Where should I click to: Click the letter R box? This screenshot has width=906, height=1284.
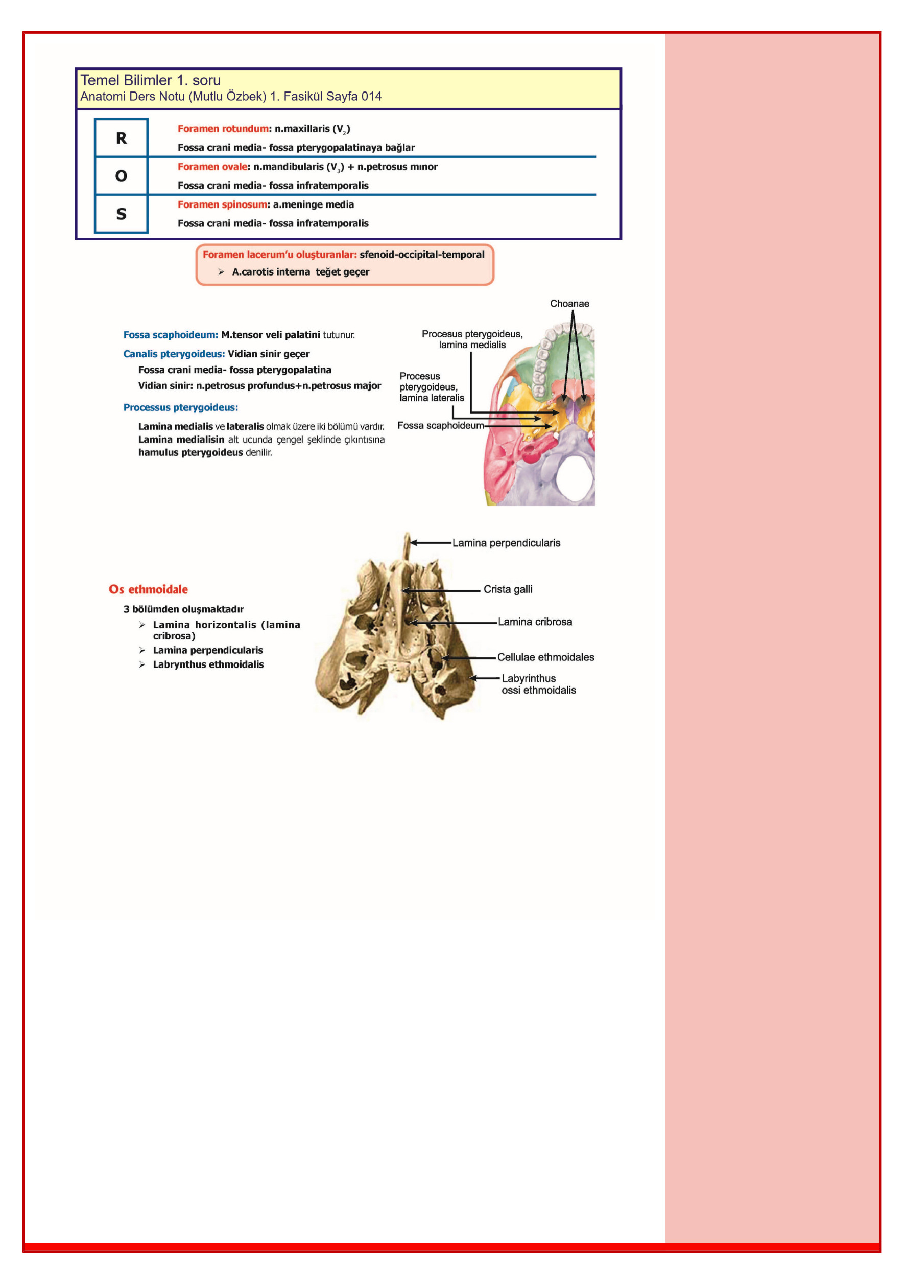(x=121, y=137)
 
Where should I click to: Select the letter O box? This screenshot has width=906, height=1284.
(x=121, y=176)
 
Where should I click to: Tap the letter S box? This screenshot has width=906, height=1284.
(x=121, y=214)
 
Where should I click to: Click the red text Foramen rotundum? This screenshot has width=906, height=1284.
(x=223, y=129)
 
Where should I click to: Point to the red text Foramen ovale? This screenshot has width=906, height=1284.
(x=212, y=167)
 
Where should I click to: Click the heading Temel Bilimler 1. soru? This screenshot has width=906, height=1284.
(x=150, y=80)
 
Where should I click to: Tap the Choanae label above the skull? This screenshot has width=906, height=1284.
(x=569, y=303)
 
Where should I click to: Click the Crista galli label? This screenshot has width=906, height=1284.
(x=508, y=589)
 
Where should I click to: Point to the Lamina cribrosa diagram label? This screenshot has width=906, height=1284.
(x=534, y=622)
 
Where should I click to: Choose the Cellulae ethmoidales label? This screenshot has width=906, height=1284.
(x=545, y=657)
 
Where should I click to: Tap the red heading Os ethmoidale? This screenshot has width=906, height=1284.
(x=148, y=589)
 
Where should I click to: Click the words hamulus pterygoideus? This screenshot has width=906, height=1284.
(x=190, y=452)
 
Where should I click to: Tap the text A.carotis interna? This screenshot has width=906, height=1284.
(x=271, y=272)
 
